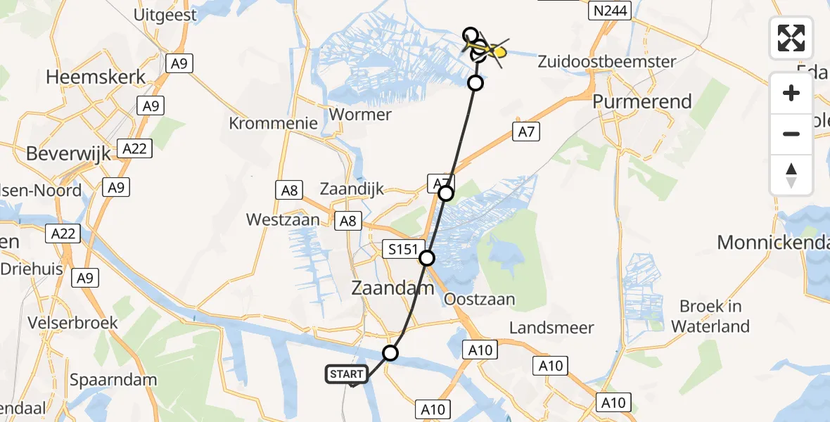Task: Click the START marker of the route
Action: pyautogui.click(x=347, y=374)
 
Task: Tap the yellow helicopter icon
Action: pyautogui.click(x=489, y=51)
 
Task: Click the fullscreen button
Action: pyautogui.click(x=791, y=38)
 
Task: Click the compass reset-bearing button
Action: pyautogui.click(x=791, y=175)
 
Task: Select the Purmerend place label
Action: pyautogui.click(x=642, y=101)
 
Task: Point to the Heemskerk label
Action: pyautogui.click(x=96, y=77)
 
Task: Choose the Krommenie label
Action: pyautogui.click(x=273, y=123)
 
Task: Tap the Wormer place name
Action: pyautogui.click(x=360, y=114)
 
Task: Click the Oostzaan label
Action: pyautogui.click(x=479, y=300)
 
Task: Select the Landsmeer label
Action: pyautogui.click(x=551, y=328)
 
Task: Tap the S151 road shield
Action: pyautogui.click(x=403, y=248)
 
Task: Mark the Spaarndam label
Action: pyautogui.click(x=107, y=381)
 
